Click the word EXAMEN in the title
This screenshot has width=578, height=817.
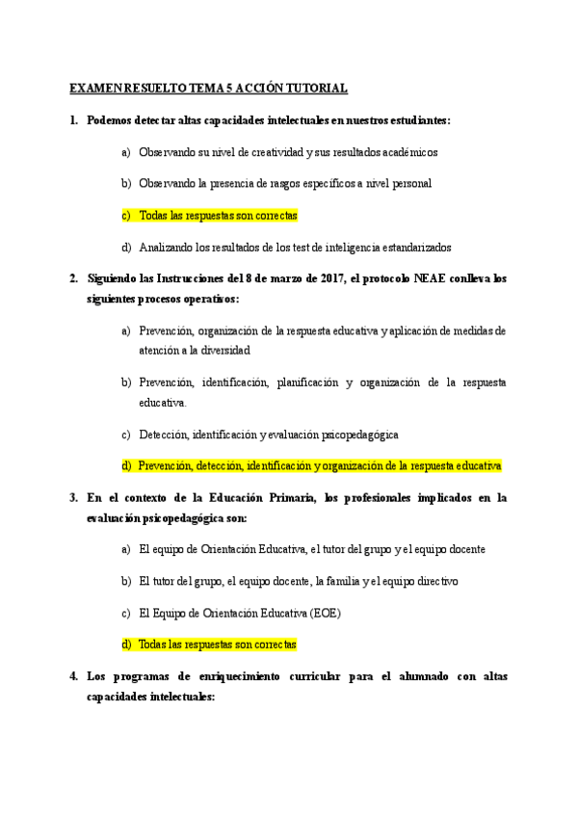click(x=94, y=89)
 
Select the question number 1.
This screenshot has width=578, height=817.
click(x=74, y=120)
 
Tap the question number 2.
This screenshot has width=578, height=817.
click(x=74, y=278)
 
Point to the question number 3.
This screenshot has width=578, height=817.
click(x=74, y=497)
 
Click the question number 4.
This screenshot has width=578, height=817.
click(x=74, y=676)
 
